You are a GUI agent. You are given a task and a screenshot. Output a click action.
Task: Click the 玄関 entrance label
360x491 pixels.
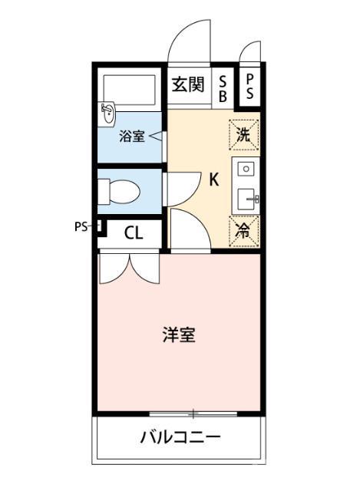188,84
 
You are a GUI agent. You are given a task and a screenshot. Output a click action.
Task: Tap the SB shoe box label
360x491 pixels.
223,89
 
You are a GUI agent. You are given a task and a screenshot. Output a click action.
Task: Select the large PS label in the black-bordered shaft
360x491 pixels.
249,87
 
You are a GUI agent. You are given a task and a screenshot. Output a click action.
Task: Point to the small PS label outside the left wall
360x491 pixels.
81,226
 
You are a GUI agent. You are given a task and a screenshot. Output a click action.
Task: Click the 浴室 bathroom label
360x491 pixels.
132,137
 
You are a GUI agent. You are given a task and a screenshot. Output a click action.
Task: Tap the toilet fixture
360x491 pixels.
119,192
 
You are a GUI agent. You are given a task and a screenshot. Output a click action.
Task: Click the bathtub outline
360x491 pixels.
129,91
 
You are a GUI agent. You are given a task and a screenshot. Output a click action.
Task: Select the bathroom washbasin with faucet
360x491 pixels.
108,114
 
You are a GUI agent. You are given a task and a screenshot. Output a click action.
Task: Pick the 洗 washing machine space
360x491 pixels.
244,135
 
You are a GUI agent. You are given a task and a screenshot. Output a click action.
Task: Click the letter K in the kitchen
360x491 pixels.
214,180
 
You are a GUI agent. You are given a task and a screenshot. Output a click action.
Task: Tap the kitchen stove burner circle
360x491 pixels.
246,169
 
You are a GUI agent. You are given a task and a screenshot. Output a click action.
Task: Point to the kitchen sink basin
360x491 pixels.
246,199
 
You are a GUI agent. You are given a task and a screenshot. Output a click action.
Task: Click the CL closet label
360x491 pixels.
134,233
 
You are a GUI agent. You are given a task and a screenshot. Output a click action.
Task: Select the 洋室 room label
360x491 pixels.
179,334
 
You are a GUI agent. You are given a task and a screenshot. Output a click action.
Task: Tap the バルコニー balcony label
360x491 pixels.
180,437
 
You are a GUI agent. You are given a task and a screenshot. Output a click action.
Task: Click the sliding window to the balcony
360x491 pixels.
193,414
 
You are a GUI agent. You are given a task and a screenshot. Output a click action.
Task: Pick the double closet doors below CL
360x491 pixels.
129,269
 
